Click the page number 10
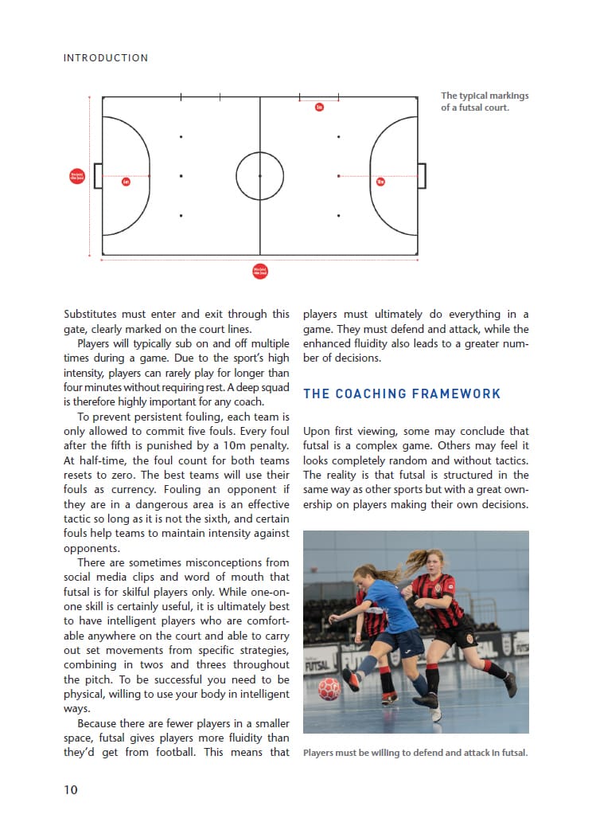[x=71, y=790]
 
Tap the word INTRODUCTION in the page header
[x=106, y=57]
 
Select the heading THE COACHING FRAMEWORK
[x=402, y=394]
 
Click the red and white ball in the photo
[x=329, y=689]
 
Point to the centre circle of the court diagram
[x=260, y=175]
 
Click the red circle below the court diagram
[x=259, y=272]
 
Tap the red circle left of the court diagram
[x=77, y=175]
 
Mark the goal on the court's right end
[x=422, y=175]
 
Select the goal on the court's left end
[x=98, y=175]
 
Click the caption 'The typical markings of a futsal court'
[x=485, y=101]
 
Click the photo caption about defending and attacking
[x=415, y=752]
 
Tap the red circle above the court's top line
[x=319, y=107]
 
